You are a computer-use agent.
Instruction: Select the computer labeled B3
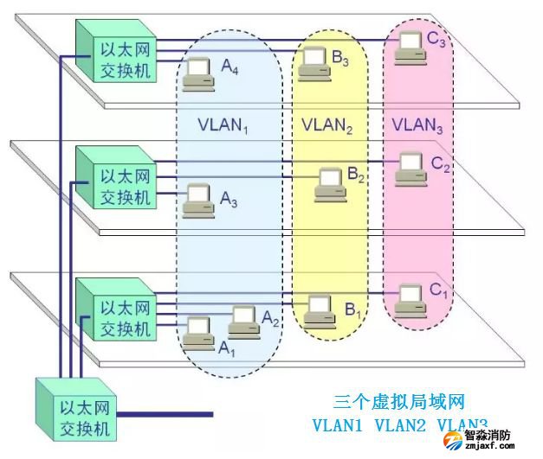click(x=314, y=63)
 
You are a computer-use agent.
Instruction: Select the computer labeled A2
click(x=243, y=322)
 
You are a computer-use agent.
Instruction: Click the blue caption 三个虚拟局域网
click(x=399, y=402)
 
